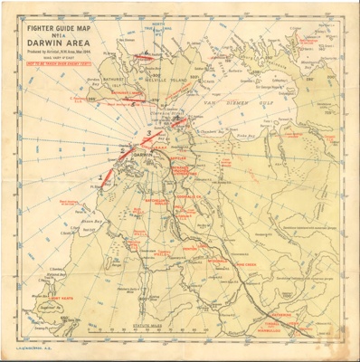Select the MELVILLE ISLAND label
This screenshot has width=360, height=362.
pyautogui.click(x=182, y=79)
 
